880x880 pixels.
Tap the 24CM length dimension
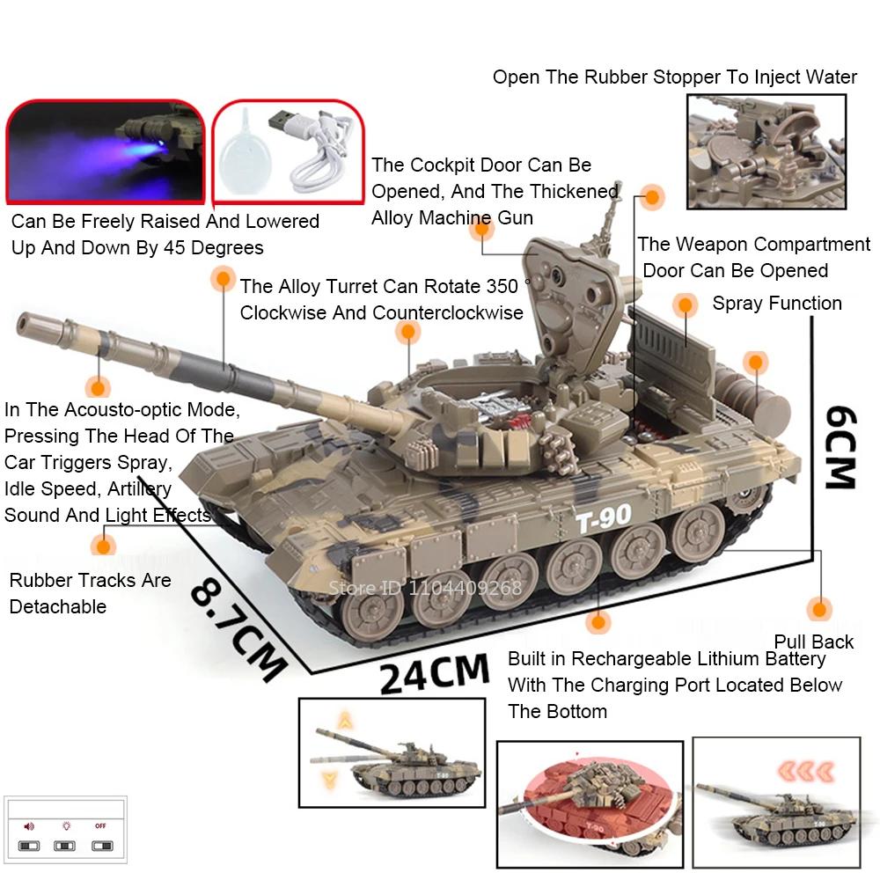[434, 673]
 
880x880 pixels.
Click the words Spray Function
[776, 304]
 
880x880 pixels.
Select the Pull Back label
[813, 642]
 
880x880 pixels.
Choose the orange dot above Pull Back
[819, 609]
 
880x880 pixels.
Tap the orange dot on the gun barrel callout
[222, 280]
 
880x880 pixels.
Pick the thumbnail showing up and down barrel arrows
[392, 752]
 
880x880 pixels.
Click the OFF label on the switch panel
[100, 825]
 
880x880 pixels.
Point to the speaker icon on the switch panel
[29, 826]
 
